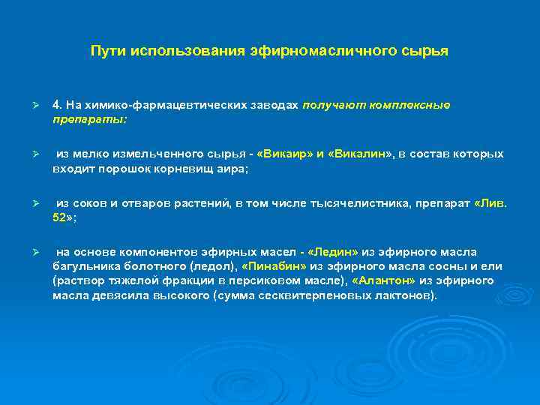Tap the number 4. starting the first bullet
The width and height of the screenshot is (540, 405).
[58, 105]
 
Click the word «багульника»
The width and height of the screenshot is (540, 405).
[84, 266]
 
